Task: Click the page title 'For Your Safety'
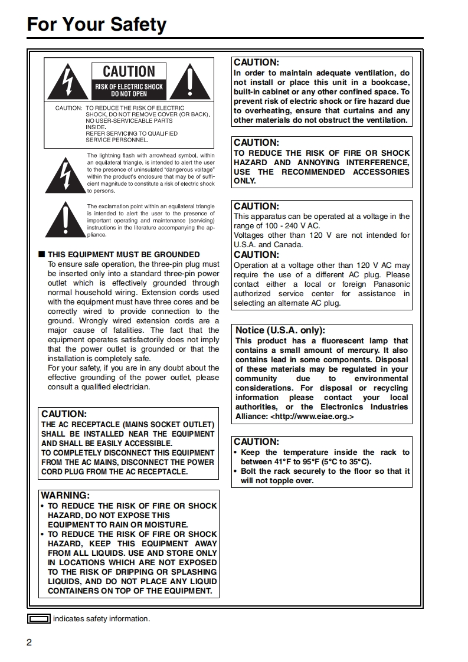point(97,25)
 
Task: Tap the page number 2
point(29,643)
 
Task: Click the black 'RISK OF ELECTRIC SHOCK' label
point(129,90)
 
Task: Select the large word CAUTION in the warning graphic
point(129,72)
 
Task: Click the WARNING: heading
point(65,496)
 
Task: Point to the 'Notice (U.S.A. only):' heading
point(280,330)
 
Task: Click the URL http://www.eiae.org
point(312,417)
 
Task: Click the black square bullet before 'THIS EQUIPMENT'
point(41,255)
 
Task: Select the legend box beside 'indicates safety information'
point(39,619)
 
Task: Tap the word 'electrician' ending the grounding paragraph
point(130,387)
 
